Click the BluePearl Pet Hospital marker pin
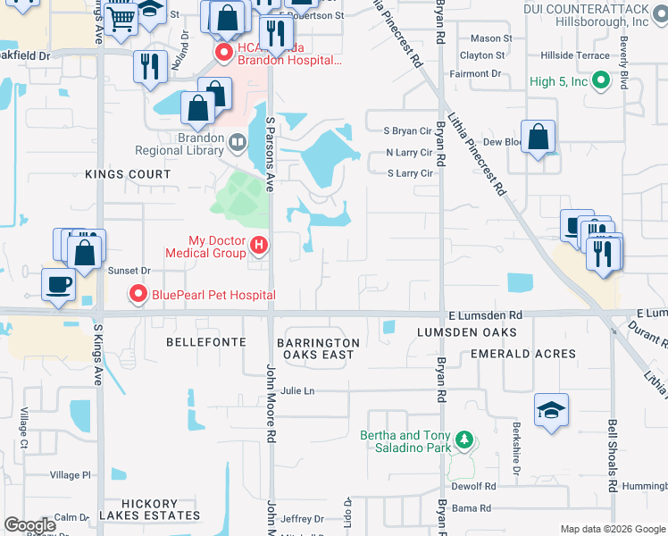138,293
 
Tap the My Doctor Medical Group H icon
259,244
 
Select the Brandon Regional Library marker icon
237,141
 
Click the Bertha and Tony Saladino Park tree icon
463,439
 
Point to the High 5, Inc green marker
601,81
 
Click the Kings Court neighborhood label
128,174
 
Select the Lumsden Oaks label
467,332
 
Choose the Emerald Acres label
523,354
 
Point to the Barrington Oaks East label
318,348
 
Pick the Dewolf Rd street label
473,486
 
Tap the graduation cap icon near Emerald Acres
551,410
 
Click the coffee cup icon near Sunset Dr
59,285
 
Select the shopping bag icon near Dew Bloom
539,138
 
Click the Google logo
29,525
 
